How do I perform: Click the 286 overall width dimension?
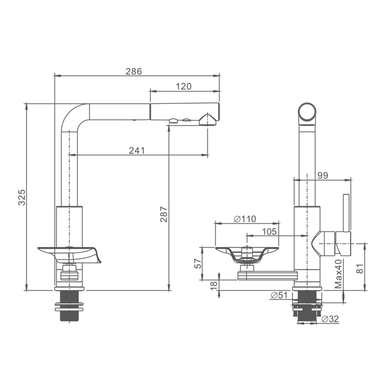tap(134, 71)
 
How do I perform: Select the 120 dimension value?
tap(184, 86)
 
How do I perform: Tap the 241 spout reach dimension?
tap(137, 150)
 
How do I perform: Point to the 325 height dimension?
tap(22, 197)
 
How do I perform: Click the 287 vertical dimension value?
tap(164, 214)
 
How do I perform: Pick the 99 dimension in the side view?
tap(323, 176)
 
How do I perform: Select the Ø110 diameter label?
tap(245, 219)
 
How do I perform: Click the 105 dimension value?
tap(269, 231)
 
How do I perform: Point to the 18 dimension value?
tap(214, 285)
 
